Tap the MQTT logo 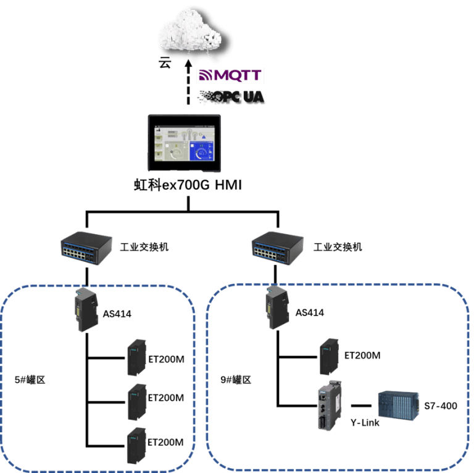[230, 76]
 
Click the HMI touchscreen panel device [184, 141]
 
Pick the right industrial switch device [279, 248]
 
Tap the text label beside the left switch [144, 248]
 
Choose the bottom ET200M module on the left [135, 445]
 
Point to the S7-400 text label [441, 406]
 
